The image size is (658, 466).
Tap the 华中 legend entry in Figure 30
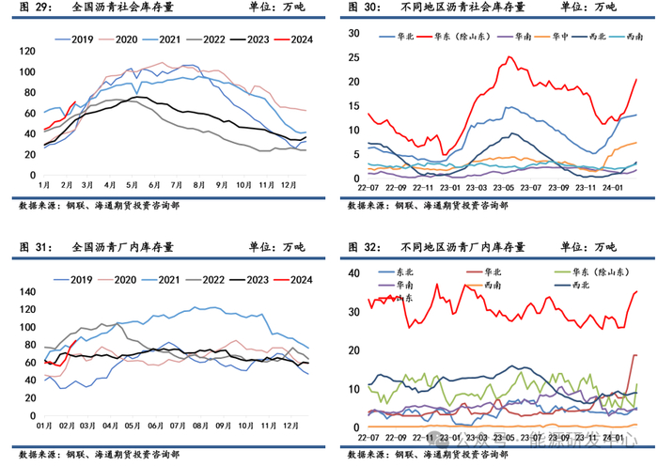point(556,37)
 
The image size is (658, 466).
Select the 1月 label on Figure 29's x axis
point(44,186)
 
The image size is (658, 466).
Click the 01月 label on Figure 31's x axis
point(44,425)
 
